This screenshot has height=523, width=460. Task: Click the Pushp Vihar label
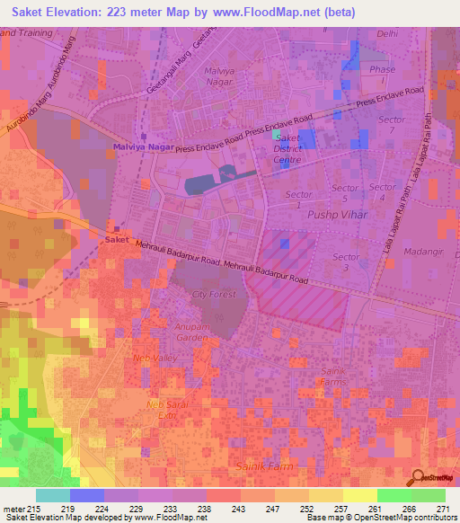pos(332,217)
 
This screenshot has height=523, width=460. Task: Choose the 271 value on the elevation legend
pos(444,509)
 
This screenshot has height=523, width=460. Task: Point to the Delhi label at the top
pos(387,33)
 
